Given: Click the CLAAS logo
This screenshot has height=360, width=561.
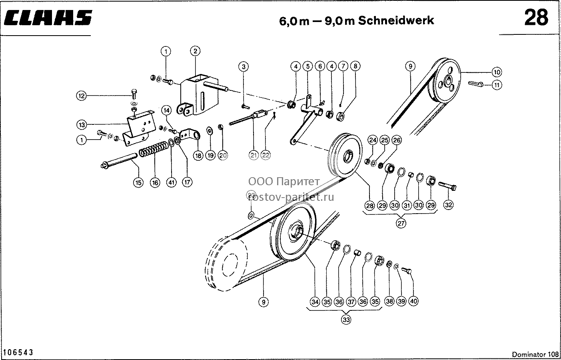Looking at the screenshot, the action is point(48,18).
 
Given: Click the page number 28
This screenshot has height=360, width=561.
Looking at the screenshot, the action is point(537,18).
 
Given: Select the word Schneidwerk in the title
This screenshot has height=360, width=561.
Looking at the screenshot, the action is point(396,20).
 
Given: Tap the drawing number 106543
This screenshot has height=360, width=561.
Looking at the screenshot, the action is point(18,352).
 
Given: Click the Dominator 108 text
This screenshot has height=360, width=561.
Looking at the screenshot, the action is point(535,354).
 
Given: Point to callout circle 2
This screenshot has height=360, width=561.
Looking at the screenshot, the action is point(196,51).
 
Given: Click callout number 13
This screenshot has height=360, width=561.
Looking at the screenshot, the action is point(82,125).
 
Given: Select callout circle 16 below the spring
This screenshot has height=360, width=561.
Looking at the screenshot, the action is point(155,183).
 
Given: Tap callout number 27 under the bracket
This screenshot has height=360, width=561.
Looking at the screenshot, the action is point(401,223).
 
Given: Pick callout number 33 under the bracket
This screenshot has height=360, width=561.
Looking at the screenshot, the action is point(346,320).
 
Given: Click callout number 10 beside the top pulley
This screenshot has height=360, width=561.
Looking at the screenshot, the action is point(497,72).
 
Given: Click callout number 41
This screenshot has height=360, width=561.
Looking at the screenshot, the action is point(171,182).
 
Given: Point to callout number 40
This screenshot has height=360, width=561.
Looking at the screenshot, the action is point(413,301).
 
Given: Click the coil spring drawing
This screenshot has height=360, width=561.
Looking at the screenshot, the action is point(153,150).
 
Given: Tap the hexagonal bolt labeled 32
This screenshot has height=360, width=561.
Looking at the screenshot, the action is point(447,186).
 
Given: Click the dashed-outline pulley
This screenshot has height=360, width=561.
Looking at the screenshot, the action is point(226,263).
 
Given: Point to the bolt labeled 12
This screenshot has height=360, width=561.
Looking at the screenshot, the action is point(134,94).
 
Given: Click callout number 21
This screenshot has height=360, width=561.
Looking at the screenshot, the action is point(254,155).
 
